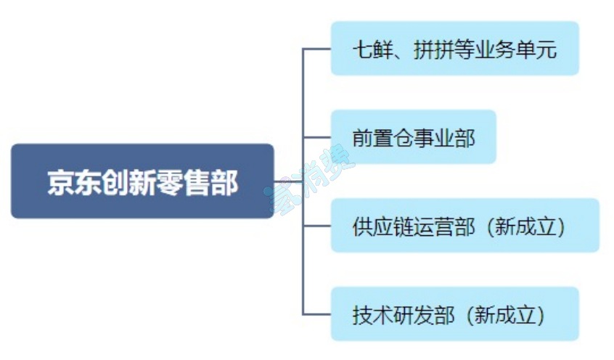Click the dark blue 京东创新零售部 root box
[142, 181]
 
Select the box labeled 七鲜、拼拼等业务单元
[454, 49]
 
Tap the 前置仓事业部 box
[413, 136]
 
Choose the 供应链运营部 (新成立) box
[464, 226]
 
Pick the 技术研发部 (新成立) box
[454, 314]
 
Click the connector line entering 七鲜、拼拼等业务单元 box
[316, 49]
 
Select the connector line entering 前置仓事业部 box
[316, 136]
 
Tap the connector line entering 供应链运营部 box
[316, 226]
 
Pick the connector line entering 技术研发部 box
[316, 314]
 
